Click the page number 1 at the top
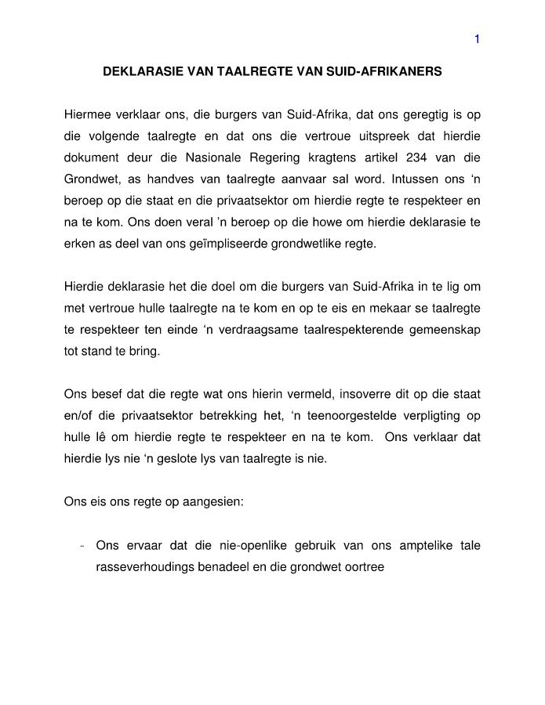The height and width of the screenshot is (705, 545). point(477,40)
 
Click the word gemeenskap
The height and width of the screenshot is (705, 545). point(450,330)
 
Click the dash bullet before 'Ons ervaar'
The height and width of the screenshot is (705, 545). point(82,545)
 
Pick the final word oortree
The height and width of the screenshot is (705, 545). point(365,566)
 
